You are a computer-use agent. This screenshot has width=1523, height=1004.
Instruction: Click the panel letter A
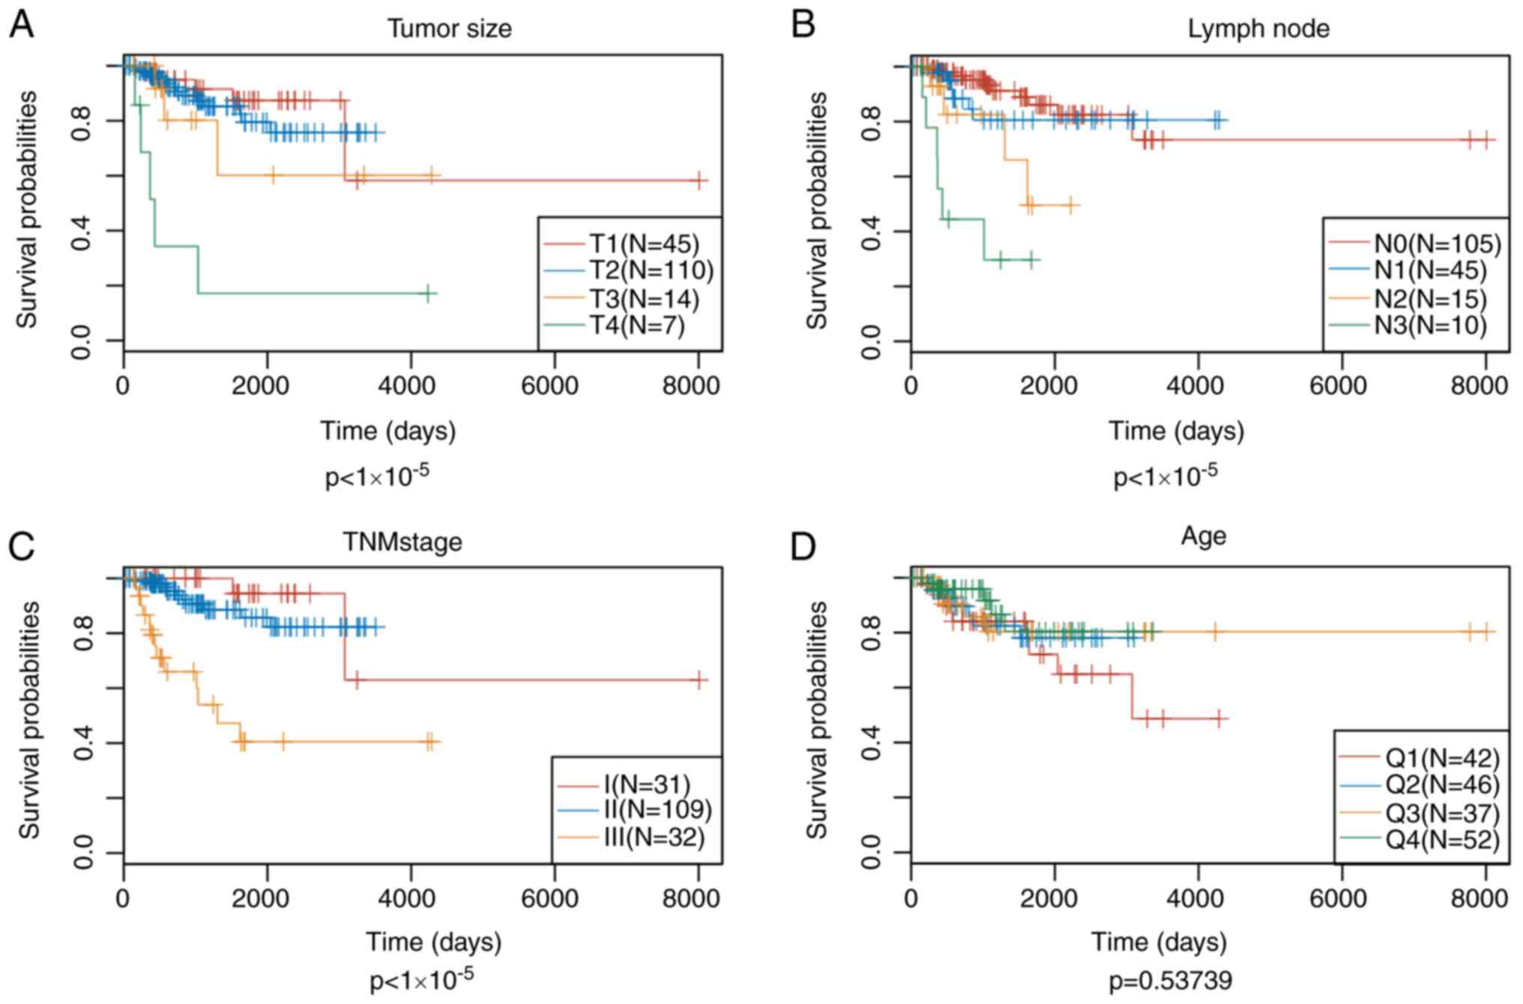[x=21, y=25]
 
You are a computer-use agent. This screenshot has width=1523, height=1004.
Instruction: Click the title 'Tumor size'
[x=449, y=28]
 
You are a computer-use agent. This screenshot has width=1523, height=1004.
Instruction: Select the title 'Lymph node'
[x=1258, y=28]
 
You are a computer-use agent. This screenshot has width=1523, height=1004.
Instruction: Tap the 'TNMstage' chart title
[x=402, y=541]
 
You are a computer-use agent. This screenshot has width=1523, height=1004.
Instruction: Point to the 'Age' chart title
[x=1203, y=536]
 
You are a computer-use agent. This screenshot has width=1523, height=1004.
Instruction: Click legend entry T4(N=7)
[x=636, y=326]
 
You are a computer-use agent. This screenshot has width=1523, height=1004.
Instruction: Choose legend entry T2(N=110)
[x=651, y=270]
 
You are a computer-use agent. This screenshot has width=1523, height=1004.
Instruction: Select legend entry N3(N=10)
[x=1430, y=326]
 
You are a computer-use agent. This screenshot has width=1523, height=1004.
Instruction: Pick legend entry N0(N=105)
[x=1438, y=244]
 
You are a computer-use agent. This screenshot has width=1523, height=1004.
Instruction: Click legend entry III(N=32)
[x=654, y=837]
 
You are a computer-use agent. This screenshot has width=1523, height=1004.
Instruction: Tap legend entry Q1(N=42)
[x=1442, y=758]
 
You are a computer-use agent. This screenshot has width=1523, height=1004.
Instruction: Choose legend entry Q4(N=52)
[x=1442, y=840]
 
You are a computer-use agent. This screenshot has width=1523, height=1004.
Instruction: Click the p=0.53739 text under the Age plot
[x=1171, y=980]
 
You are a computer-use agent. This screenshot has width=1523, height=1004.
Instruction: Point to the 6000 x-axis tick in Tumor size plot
[x=554, y=386]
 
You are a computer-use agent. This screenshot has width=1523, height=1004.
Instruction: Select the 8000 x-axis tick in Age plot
[x=1480, y=898]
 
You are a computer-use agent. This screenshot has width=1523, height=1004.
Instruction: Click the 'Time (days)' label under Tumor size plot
[x=388, y=431]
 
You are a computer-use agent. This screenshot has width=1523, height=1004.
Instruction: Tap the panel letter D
[x=803, y=548]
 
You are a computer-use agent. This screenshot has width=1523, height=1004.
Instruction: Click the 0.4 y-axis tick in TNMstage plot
[x=82, y=743]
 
